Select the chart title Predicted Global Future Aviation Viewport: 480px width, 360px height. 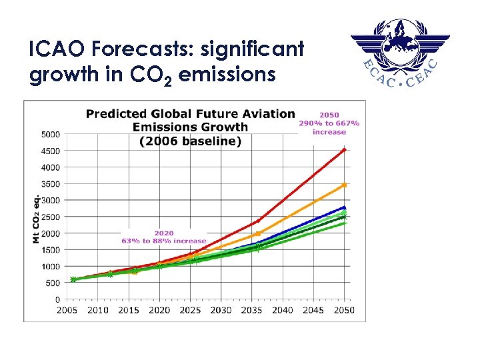[x=190, y=114]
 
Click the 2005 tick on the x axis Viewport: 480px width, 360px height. [x=67, y=310]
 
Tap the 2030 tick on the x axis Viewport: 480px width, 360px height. [x=221, y=310]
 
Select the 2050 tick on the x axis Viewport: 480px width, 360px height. [x=344, y=310]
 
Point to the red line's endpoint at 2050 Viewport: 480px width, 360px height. [x=344, y=150]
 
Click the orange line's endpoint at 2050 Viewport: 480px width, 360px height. [x=344, y=185]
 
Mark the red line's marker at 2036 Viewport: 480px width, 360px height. [x=258, y=221]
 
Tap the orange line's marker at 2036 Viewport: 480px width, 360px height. [x=258, y=234]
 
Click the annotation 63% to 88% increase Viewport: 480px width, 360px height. [x=164, y=241]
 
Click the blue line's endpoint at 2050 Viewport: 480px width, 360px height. [x=344, y=207]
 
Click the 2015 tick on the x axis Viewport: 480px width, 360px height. [x=129, y=310]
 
